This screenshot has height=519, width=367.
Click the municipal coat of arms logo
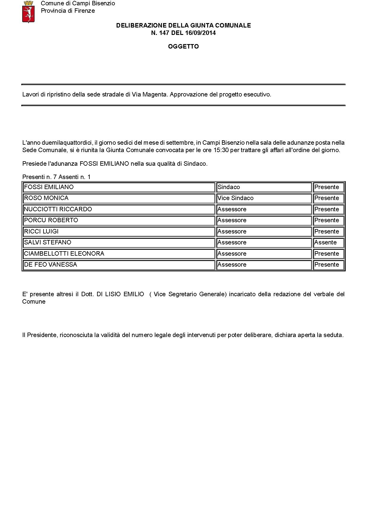pyautogui.click(x=28, y=12)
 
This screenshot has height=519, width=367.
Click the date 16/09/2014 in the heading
pyautogui.click(x=200, y=33)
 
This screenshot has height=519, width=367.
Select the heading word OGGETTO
pyautogui.click(x=183, y=46)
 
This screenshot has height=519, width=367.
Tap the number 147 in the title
pyautogui.click(x=164, y=33)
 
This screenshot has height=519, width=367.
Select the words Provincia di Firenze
pyautogui.click(x=68, y=11)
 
